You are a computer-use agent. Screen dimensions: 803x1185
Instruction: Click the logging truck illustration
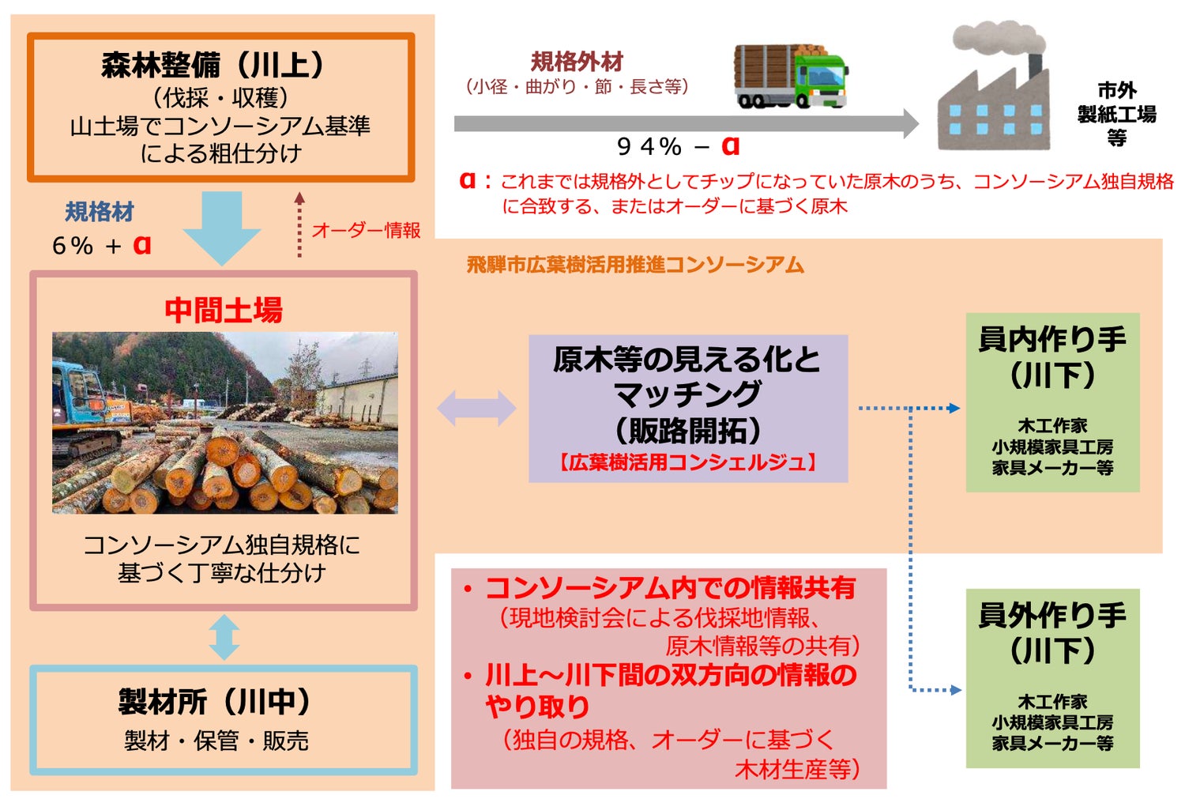coord(791,77)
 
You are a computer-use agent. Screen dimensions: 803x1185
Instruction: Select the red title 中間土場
coord(224,310)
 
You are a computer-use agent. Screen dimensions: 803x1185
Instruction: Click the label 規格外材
coord(577,62)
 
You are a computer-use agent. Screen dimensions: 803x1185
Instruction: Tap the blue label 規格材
coord(99,212)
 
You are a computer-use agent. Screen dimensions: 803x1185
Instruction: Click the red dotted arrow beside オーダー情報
coord(299,225)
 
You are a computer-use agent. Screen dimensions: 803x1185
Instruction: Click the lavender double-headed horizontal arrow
coord(476,409)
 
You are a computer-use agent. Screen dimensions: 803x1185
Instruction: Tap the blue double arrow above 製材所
coord(224,638)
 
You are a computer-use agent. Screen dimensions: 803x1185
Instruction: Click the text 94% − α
coord(678,146)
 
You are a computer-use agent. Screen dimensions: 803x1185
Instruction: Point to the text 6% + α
coord(101,245)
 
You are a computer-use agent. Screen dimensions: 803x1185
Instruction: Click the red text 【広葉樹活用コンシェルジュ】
coord(687,462)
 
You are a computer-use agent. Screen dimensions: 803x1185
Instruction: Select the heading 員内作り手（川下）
coord(1051,356)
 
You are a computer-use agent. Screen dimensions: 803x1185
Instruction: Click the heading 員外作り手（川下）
coord(1051,632)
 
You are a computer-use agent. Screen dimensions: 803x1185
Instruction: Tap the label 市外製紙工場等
coord(1116,114)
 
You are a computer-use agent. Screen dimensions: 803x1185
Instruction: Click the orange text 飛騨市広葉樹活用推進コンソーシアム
coord(634,265)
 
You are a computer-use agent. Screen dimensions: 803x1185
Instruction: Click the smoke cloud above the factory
coord(995,40)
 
